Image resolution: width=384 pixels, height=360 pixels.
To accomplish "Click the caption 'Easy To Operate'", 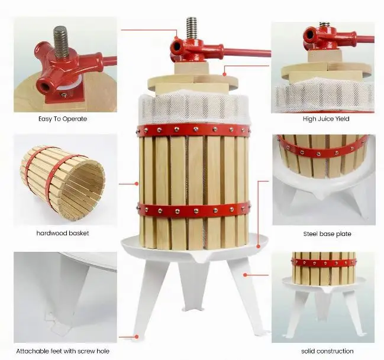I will coord(62,119).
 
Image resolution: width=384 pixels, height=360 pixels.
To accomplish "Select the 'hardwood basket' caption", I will coord(62,233).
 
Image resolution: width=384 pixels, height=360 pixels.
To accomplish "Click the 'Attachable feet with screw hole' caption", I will coord(62,351).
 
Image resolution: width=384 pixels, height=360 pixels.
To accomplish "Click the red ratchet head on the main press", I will coord(187,47).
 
